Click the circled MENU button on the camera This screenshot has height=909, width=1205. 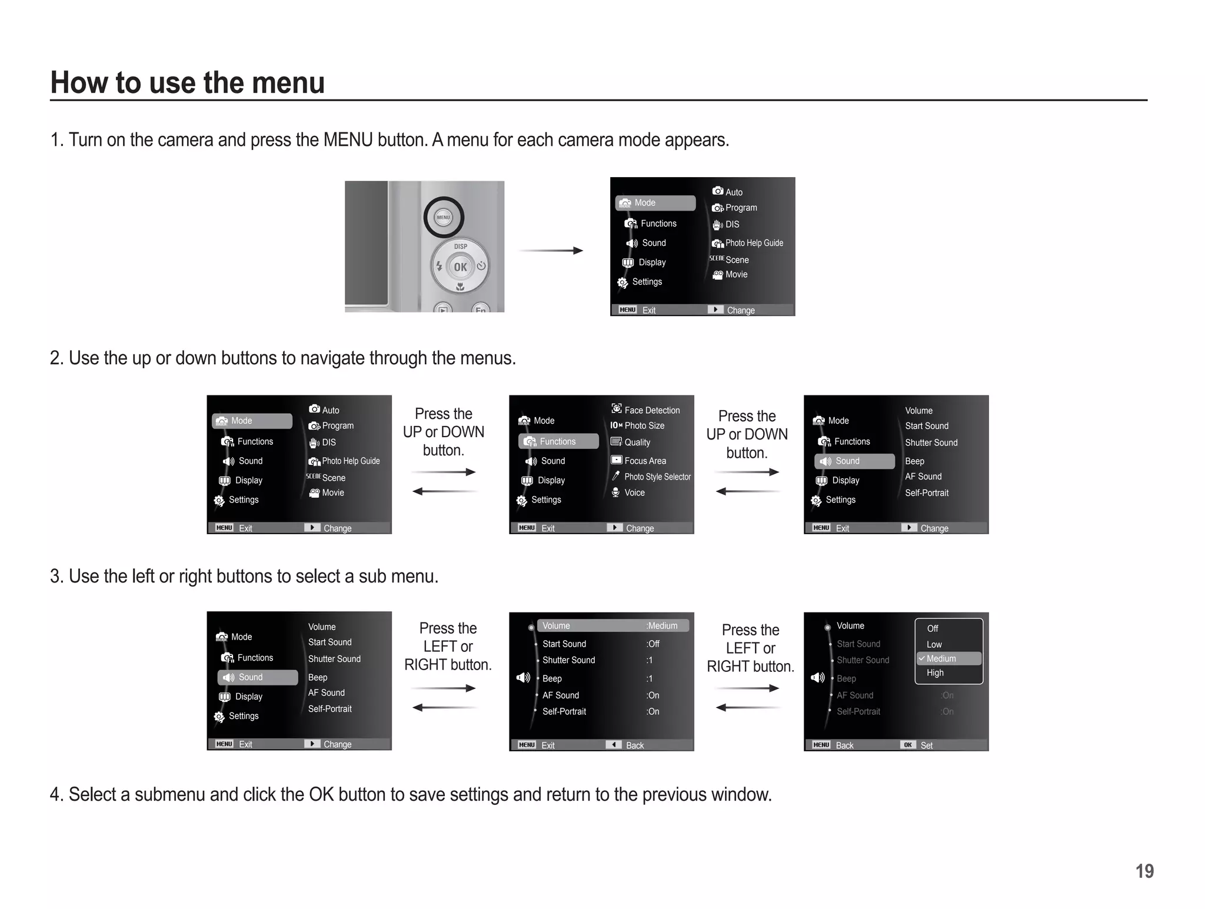tap(444, 217)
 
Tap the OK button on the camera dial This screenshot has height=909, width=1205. tap(460, 267)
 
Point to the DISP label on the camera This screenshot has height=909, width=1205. tap(460, 246)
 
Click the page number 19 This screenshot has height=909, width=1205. tap(1144, 871)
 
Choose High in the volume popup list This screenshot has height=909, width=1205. tap(935, 673)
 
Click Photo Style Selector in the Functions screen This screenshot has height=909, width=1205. tap(657, 477)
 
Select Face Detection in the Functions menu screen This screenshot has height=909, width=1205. tap(651, 410)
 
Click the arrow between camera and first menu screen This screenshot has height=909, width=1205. tap(551, 251)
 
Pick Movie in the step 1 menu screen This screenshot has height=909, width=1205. tap(735, 275)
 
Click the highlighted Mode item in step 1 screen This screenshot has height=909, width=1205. tap(655, 203)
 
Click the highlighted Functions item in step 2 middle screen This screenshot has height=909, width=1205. tap(558, 441)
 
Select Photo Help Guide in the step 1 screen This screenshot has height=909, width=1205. tap(753, 243)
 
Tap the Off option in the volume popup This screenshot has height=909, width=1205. tap(933, 628)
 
